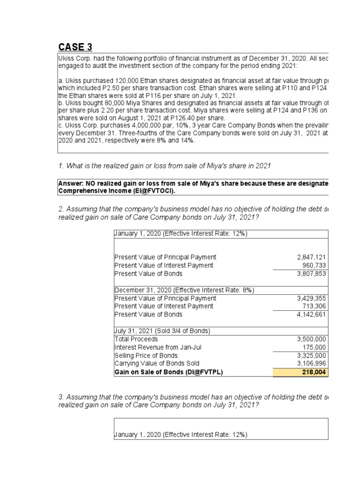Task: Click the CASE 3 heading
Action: tap(75, 47)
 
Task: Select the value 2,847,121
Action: tap(312, 257)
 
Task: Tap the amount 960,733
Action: tap(315, 265)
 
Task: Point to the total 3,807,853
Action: tap(312, 274)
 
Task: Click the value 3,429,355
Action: tap(312, 298)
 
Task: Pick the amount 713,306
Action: tap(315, 306)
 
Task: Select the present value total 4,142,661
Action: tap(312, 315)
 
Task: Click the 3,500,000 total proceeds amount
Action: tap(312, 339)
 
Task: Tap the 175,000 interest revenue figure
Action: tap(315, 347)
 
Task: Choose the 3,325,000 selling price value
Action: tap(312, 355)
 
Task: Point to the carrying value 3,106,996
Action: tap(312, 363)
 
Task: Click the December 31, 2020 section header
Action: tap(184, 290)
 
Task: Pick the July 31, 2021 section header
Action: tap(162, 331)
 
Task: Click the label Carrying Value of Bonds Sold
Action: tap(157, 363)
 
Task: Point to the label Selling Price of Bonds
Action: tap(146, 355)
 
